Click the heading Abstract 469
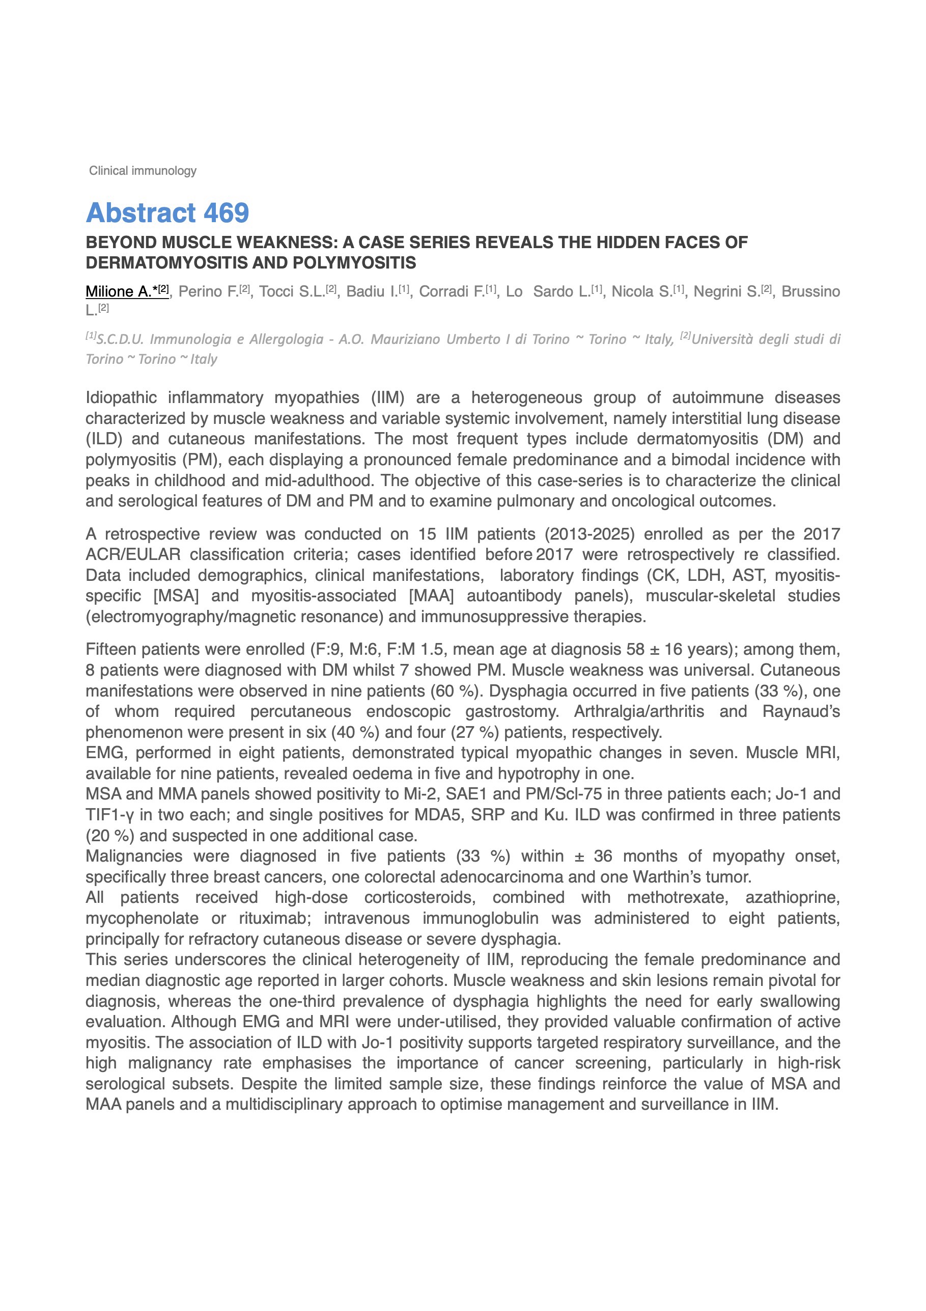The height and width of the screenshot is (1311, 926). click(167, 213)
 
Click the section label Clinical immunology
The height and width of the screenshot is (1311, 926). click(143, 171)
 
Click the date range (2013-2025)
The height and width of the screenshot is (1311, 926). click(590, 534)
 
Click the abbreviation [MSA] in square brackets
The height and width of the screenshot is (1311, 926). click(176, 596)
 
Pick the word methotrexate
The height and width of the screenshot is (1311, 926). click(677, 898)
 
